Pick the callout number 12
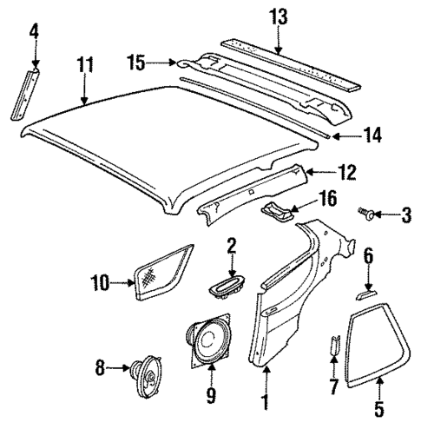coord(346,174)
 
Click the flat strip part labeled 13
coord(295,63)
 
